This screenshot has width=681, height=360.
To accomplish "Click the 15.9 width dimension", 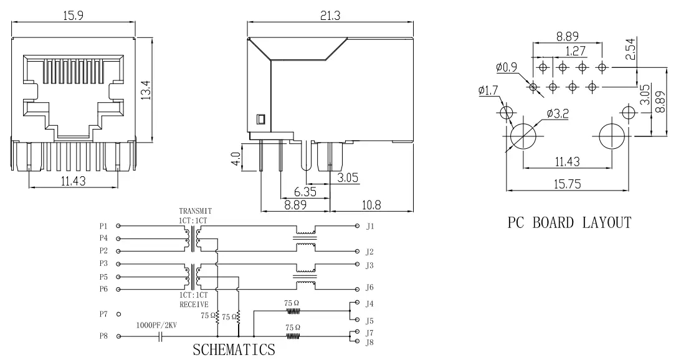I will click(74, 16).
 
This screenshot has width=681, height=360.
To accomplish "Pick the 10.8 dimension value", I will click(370, 204).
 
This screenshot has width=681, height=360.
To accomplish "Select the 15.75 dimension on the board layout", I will click(566, 184).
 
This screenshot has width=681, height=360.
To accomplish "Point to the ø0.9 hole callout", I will click(507, 67).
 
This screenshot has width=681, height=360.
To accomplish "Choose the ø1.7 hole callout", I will click(488, 91).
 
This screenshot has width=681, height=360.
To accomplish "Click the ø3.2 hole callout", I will click(556, 113).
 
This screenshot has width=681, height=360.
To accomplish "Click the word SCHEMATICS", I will click(234, 349).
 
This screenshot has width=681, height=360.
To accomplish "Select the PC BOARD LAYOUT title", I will click(569, 222).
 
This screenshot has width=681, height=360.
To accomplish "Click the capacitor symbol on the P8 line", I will click(161, 336).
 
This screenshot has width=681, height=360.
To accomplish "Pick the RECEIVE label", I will click(194, 304).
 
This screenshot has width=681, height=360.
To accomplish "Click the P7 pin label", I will click(103, 314).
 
